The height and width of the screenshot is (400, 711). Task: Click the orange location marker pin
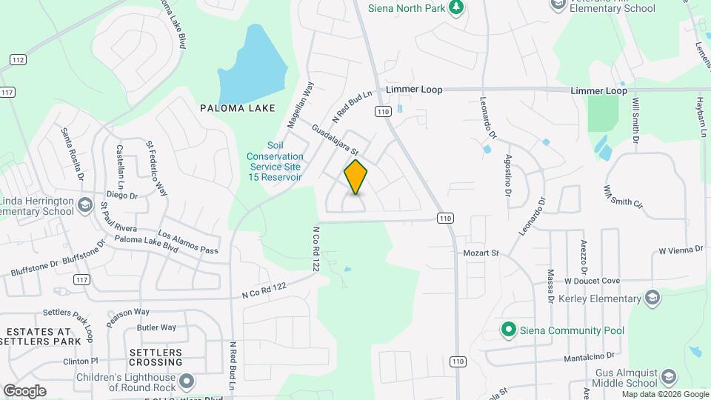356,177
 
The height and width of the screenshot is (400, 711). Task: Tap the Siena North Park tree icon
457,7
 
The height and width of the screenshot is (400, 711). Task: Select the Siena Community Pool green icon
508,330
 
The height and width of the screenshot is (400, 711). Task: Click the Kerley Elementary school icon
652,298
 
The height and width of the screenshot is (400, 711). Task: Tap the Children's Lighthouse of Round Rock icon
187,382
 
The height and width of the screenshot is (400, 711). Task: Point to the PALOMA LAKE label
238,108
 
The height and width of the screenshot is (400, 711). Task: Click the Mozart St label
481,253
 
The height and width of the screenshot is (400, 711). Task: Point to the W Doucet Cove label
592,281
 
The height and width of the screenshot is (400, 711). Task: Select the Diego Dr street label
122,196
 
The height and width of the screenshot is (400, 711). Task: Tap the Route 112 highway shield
18,60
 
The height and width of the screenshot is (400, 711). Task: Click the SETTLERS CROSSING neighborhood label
156,357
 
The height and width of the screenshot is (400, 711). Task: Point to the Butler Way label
156,327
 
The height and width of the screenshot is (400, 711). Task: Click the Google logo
24,391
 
